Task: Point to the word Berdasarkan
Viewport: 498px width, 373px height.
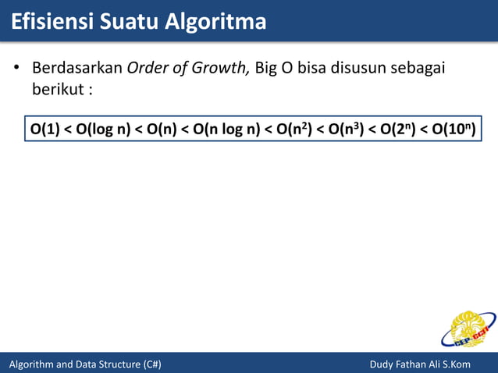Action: tap(76, 67)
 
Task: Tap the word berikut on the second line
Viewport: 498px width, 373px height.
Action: tap(57, 88)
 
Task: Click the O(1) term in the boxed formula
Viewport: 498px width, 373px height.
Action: tap(44, 127)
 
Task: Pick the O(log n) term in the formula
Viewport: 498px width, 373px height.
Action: tap(103, 127)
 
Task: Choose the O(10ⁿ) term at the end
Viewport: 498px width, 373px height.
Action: tap(454, 127)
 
